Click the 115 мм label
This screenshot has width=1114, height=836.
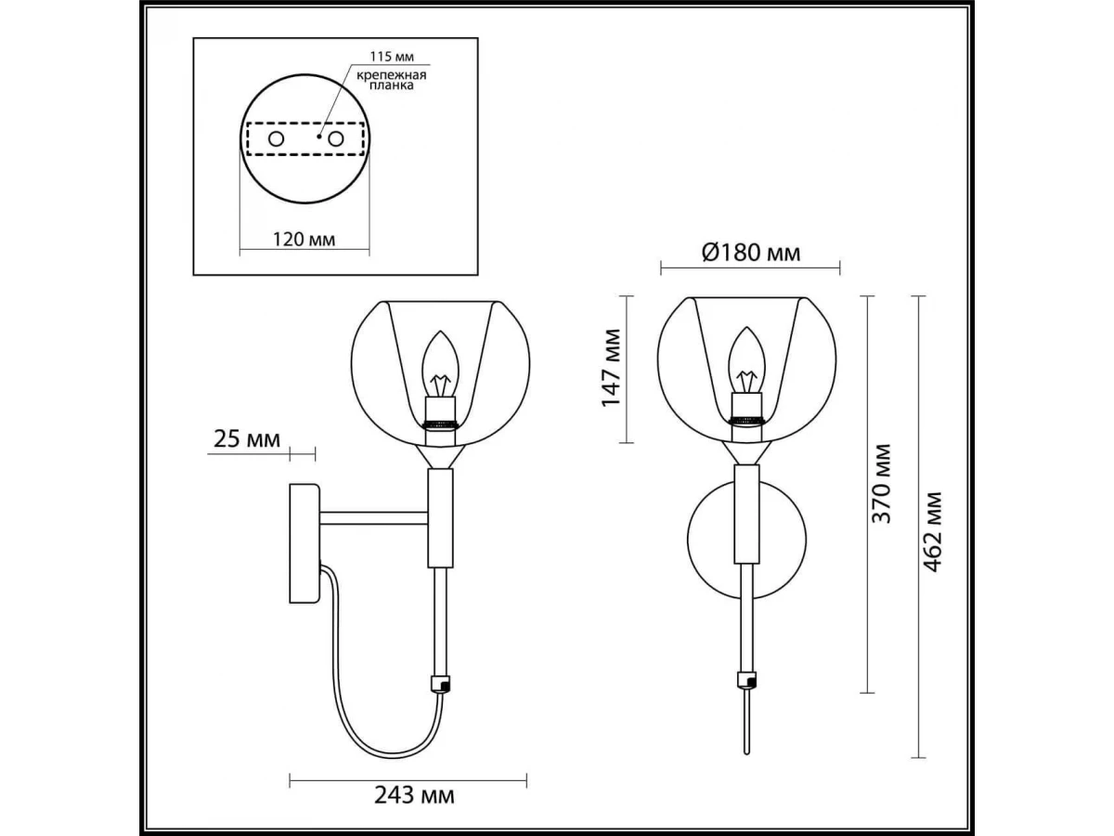pyautogui.click(x=392, y=57)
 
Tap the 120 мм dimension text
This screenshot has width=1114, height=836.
pyautogui.click(x=304, y=239)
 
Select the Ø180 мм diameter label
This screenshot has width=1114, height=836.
pyautogui.click(x=751, y=253)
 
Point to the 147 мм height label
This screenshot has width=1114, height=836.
pyautogui.click(x=611, y=368)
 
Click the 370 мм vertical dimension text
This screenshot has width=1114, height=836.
pyautogui.click(x=881, y=483)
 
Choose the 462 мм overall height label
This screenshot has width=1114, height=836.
pyautogui.click(x=933, y=531)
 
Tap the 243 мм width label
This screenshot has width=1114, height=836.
pyautogui.click(x=414, y=795)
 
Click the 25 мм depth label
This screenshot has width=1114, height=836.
pyautogui.click(x=247, y=439)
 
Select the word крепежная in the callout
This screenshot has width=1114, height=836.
pyautogui.click(x=392, y=75)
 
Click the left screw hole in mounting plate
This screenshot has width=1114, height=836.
pyautogui.click(x=276, y=138)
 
